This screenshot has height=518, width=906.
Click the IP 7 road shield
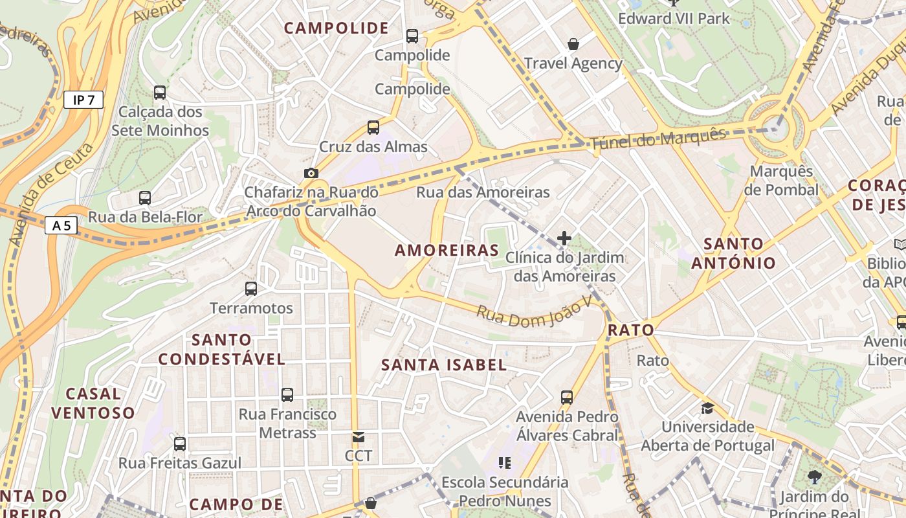83,100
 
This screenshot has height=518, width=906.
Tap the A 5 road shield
61,225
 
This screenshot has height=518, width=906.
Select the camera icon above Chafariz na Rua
311,173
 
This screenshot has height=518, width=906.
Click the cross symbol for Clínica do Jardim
564,238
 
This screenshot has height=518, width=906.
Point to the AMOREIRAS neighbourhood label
447,251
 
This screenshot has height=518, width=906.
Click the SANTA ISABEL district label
444,365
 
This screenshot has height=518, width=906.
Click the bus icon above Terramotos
251,289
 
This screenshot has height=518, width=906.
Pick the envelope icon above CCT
358,437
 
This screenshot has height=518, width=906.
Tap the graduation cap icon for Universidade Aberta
707,408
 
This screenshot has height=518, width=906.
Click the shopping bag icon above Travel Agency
573,44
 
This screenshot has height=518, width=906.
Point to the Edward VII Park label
674,18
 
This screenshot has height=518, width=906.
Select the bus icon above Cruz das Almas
373,127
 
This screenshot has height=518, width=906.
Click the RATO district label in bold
631,330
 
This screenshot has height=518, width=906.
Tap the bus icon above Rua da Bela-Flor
145,198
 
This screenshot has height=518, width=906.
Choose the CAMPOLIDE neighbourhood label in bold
337,28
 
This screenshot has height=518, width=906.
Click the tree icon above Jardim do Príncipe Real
814,478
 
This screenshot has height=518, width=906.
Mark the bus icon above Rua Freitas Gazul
180,444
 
